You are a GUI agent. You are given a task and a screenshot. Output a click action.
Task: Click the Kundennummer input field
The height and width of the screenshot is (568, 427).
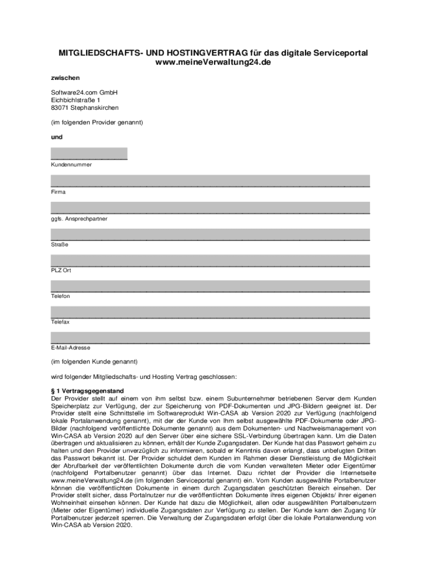tap(89, 153)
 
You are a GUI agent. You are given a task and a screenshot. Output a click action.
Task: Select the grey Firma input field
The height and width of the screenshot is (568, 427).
tap(210, 180)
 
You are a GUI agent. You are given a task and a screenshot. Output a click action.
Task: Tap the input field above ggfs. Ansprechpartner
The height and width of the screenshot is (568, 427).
tap(210, 207)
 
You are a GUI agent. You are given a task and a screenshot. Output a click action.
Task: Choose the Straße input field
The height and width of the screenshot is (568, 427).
tap(210, 234)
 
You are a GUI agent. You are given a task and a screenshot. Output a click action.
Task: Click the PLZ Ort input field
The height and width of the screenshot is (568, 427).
tap(210, 260)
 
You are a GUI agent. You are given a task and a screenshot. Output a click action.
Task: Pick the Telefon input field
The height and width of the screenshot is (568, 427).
tap(210, 285)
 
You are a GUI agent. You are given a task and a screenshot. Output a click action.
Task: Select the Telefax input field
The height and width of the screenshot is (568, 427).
tap(210, 311)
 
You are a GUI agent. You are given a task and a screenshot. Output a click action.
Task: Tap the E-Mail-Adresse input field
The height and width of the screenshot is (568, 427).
tap(210, 337)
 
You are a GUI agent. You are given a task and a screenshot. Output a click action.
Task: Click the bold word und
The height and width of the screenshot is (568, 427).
tap(57, 136)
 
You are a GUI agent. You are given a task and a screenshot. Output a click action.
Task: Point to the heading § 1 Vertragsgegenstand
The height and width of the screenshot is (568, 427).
tap(87, 391)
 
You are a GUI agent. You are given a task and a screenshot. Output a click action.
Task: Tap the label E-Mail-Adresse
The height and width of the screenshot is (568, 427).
tap(70, 348)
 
